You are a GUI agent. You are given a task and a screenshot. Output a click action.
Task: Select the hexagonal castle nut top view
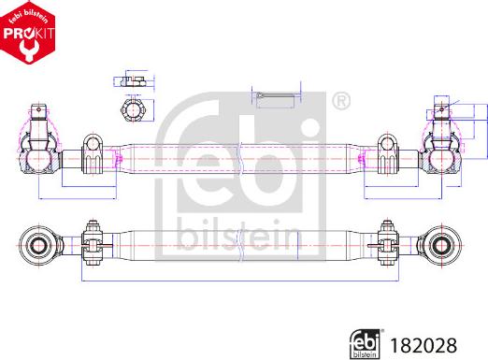[131, 109]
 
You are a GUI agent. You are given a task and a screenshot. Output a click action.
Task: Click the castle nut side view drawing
[131, 81]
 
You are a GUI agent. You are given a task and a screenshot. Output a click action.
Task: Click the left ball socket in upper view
[39, 158]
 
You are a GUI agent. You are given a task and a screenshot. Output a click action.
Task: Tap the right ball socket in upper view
[442, 158]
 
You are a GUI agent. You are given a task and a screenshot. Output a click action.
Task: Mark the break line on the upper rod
[241, 155]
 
